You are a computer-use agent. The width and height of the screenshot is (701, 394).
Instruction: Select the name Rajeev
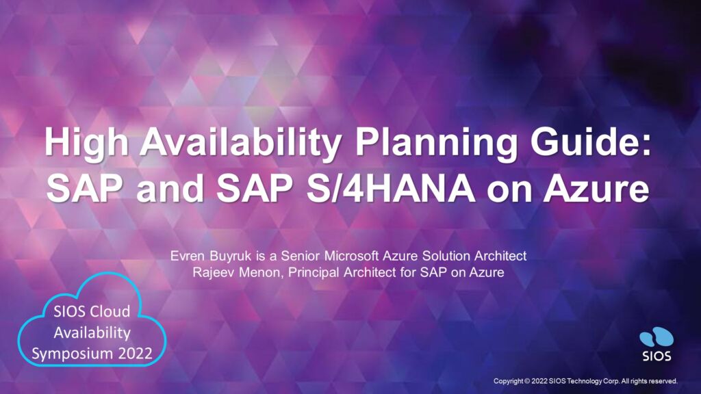214,272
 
